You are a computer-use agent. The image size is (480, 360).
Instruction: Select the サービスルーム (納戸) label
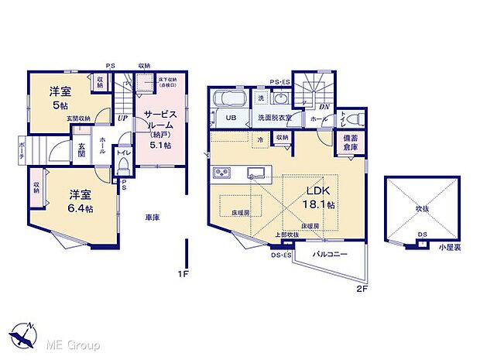[159, 127]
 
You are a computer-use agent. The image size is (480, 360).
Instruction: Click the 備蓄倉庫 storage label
[350, 143]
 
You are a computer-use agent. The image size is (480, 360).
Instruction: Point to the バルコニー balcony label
[329, 254]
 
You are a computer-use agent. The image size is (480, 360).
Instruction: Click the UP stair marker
[123, 118]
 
